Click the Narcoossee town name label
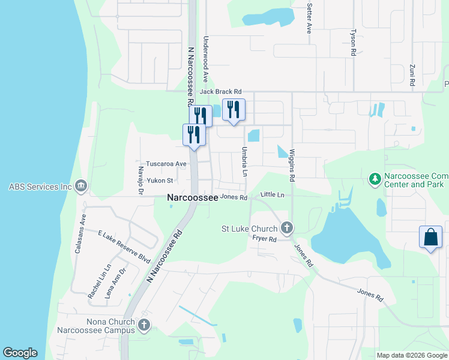point(192,197)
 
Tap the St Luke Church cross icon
point(287,228)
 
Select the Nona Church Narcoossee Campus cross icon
point(143,326)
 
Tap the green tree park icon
point(375,179)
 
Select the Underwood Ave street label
point(205,59)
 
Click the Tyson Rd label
point(354,42)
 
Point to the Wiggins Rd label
point(292,166)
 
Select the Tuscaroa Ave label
point(166,163)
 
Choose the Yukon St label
point(160,180)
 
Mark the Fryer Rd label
point(264,238)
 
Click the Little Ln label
point(272,195)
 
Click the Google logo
point(20,353)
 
